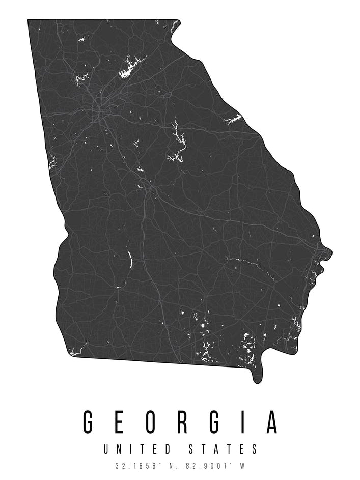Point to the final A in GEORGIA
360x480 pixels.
pyautogui.click(x=272, y=421)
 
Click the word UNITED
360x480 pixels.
pyautogui.click(x=137, y=449)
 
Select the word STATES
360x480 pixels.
pyautogui.click(x=223, y=449)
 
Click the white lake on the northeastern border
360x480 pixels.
pyautogui.click(x=234, y=120)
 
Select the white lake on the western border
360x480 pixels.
pyautogui.click(x=52, y=163)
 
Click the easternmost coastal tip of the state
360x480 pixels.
pyautogui.click(x=330, y=251)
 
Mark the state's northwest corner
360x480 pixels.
pyautogui.click(x=29, y=20)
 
